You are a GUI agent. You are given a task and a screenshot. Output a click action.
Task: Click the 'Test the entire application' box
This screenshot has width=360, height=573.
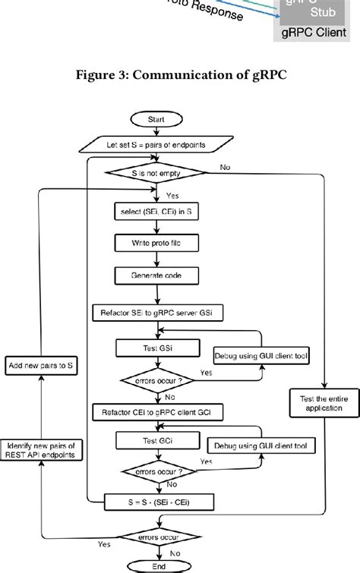pos(325,401)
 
